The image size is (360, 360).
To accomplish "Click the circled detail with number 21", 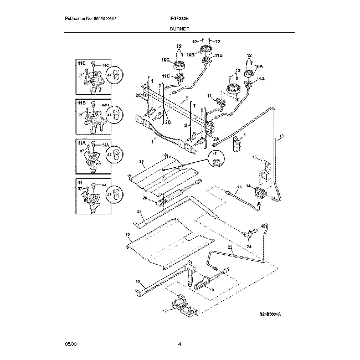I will tap(215, 158).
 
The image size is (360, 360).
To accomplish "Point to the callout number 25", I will tap(141, 163).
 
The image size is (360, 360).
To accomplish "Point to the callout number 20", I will tap(127, 235).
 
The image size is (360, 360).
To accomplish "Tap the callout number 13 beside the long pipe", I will tap(281, 136).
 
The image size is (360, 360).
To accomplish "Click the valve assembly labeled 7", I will tap(179, 304).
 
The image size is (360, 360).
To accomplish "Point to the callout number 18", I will tap(138, 281).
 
